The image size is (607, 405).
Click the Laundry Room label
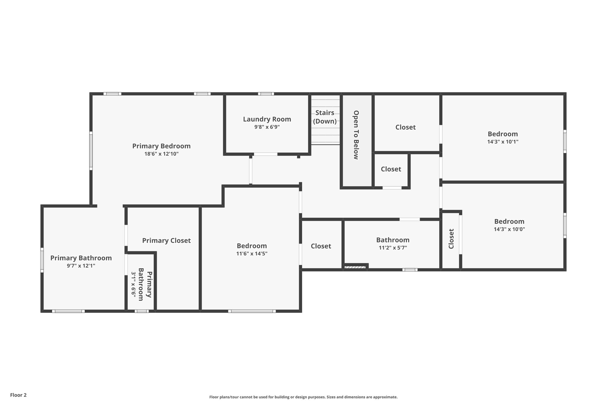tap(267, 119)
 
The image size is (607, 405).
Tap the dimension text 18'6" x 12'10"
tap(161, 154)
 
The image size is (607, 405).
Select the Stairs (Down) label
tap(325, 117)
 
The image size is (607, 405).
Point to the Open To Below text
tap(357, 135)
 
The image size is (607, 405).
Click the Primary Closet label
tap(166, 241)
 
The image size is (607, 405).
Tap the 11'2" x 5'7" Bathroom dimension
tap(393, 248)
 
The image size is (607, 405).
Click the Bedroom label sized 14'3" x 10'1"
tap(503, 134)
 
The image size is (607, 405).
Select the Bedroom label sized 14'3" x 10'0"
tap(509, 221)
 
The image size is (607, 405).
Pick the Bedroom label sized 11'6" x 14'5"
tap(252, 246)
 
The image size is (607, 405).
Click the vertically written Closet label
tap(451, 239)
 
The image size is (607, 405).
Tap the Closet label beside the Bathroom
tap(321, 246)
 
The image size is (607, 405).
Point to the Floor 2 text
tap(18, 395)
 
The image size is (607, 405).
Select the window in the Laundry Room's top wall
tap(266, 94)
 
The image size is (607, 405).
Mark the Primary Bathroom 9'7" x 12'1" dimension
tap(81, 266)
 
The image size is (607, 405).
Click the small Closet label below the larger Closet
tap(391, 169)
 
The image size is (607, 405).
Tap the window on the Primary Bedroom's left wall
tap(91, 151)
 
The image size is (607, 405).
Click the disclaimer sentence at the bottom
tap(303, 397)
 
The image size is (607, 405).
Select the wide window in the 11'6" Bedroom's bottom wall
tap(252, 311)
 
